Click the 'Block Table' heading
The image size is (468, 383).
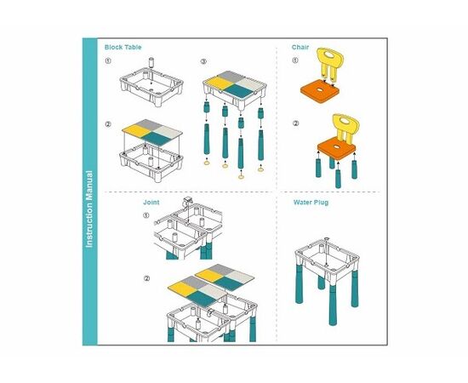[x=123, y=47]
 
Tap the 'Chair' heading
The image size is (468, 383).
[x=300, y=47]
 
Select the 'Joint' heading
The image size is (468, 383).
[x=151, y=203]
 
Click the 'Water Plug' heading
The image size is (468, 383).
[x=311, y=203]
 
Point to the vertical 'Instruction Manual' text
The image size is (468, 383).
[x=89, y=209]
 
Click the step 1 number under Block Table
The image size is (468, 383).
[x=108, y=61]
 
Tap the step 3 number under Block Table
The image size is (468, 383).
[x=203, y=62]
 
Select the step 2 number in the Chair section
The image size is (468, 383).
[x=295, y=123]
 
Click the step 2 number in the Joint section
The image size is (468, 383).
[x=146, y=278]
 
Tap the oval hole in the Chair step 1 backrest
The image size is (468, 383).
[x=330, y=55]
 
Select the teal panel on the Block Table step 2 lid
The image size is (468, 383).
[x=157, y=138]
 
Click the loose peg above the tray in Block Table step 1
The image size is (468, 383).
[x=151, y=62]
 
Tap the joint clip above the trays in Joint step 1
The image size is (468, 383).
[x=187, y=201]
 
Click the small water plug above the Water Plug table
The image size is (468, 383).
[x=327, y=239]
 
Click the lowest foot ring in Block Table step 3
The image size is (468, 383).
[x=241, y=177]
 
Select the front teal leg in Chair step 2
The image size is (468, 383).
[x=338, y=179]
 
